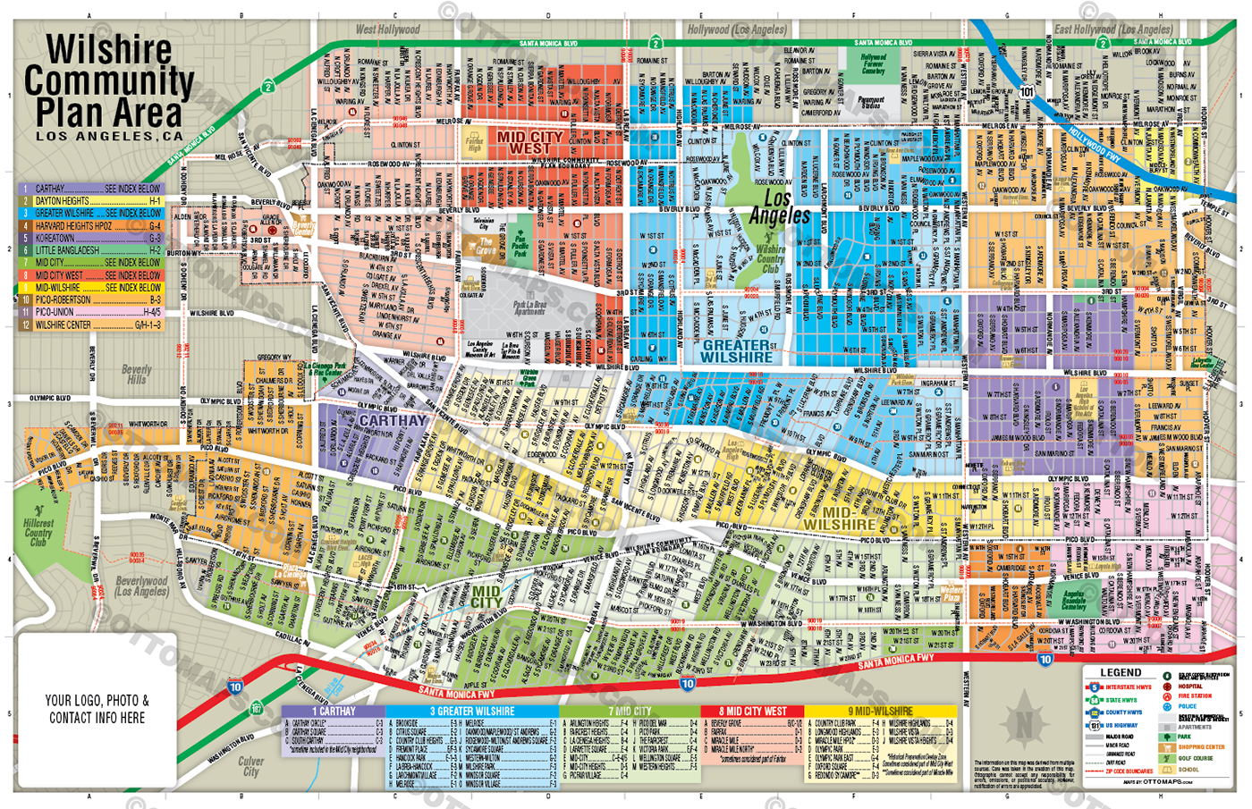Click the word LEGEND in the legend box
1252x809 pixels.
click(x=1120, y=672)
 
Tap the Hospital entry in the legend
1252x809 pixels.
click(x=1189, y=686)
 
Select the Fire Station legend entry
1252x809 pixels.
click(x=1194, y=695)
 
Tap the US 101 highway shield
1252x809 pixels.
click(x=1027, y=91)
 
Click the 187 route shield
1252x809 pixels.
click(x=257, y=709)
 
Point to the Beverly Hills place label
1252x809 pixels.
click(x=136, y=375)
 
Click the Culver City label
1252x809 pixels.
click(x=250, y=766)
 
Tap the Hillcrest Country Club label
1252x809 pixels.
click(x=38, y=532)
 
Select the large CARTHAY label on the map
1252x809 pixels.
click(x=393, y=420)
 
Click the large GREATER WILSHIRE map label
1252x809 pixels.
click(x=736, y=351)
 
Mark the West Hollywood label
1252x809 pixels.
click(x=387, y=29)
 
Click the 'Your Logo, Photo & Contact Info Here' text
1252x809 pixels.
click(x=97, y=709)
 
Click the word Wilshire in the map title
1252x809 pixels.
click(x=108, y=50)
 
